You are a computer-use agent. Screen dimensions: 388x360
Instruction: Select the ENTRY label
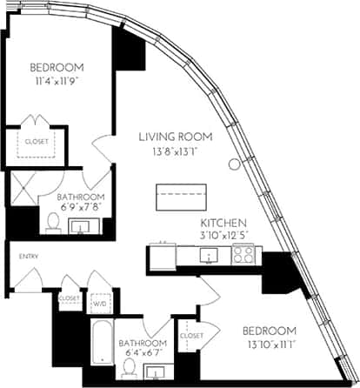tap(18, 256)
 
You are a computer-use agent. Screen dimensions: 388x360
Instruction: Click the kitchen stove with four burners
tap(243, 255)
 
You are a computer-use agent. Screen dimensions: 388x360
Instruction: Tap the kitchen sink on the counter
tap(209, 255)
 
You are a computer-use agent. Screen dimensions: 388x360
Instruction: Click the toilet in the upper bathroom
tap(51, 225)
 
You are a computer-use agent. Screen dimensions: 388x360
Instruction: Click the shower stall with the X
tap(24, 189)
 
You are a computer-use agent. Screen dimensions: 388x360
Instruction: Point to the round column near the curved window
tap(234, 164)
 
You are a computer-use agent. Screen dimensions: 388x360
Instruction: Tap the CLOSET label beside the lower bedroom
tap(190, 335)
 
